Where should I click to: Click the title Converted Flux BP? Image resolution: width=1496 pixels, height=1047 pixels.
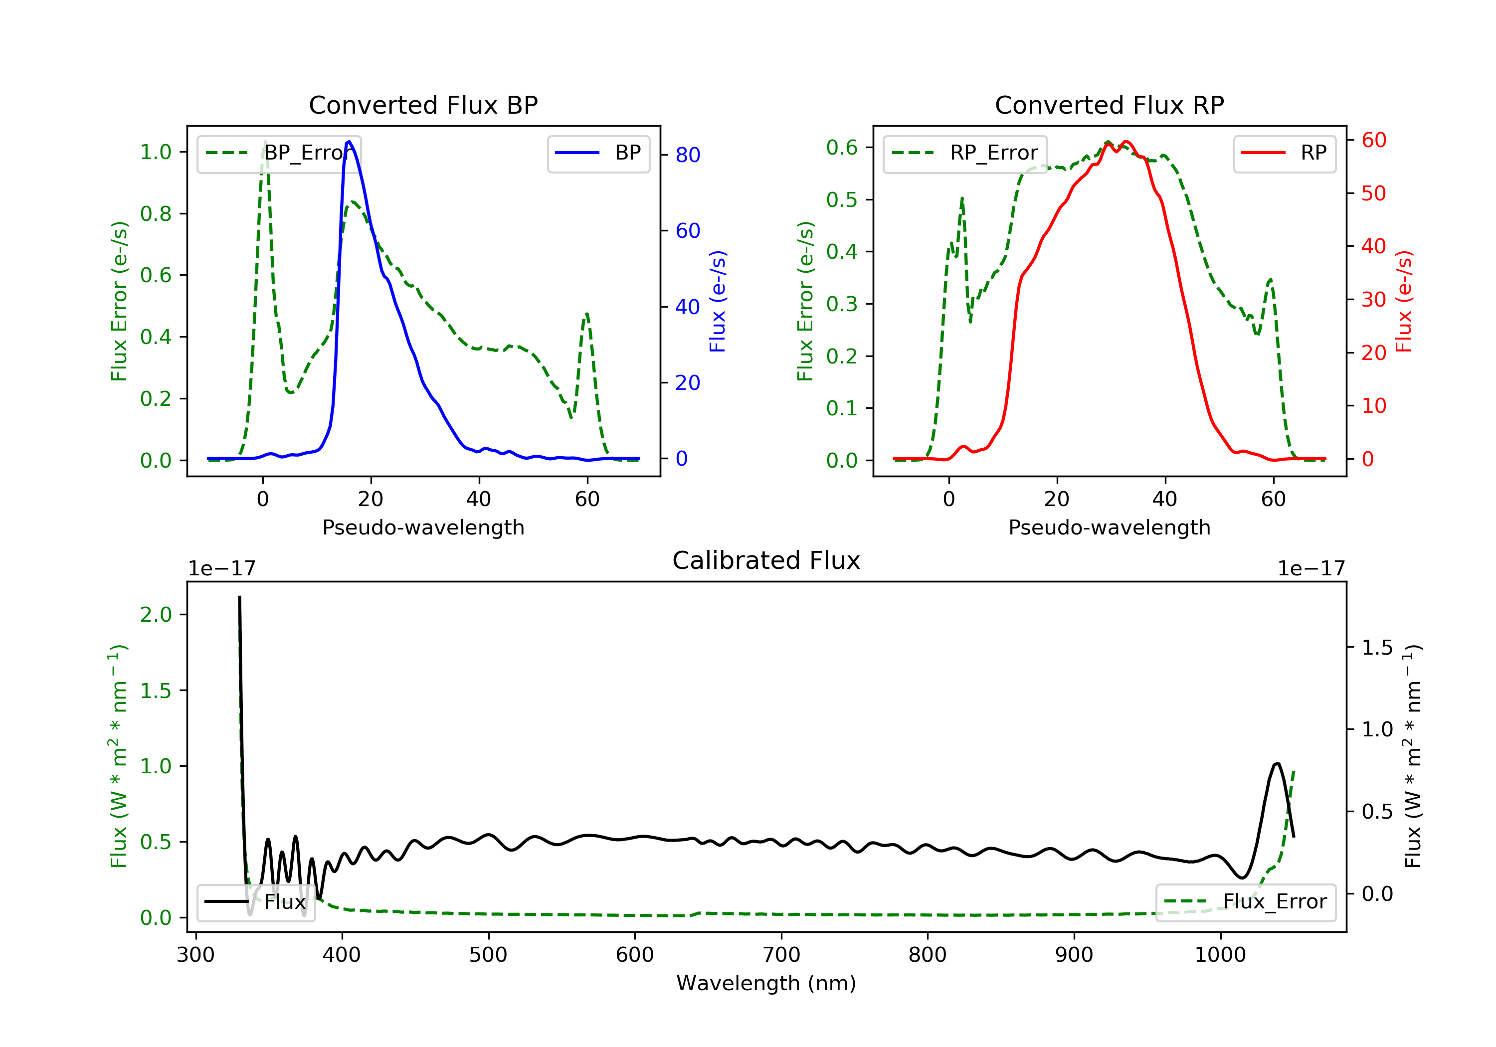423,105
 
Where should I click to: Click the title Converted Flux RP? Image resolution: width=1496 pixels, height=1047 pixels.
1109,105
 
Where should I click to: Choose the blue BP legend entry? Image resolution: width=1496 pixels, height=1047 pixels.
598,153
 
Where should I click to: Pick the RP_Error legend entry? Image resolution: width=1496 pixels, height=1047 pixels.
965,153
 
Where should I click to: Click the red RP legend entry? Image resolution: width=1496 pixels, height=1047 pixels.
1284,153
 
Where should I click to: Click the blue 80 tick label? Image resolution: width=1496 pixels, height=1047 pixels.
687,155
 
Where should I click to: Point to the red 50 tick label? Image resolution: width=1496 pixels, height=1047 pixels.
1373,193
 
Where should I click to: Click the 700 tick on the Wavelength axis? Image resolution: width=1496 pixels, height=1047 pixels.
781,955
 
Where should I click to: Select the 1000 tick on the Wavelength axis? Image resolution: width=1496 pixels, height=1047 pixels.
1220,955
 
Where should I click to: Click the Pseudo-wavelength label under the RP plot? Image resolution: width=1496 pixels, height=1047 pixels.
1109,527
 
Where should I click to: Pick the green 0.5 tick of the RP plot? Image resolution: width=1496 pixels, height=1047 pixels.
841,199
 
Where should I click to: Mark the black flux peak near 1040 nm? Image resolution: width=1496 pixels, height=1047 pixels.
1277,764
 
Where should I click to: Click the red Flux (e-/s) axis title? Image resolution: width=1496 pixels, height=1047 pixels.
1403,301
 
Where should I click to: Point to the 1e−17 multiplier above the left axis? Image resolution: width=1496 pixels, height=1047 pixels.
221,569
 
